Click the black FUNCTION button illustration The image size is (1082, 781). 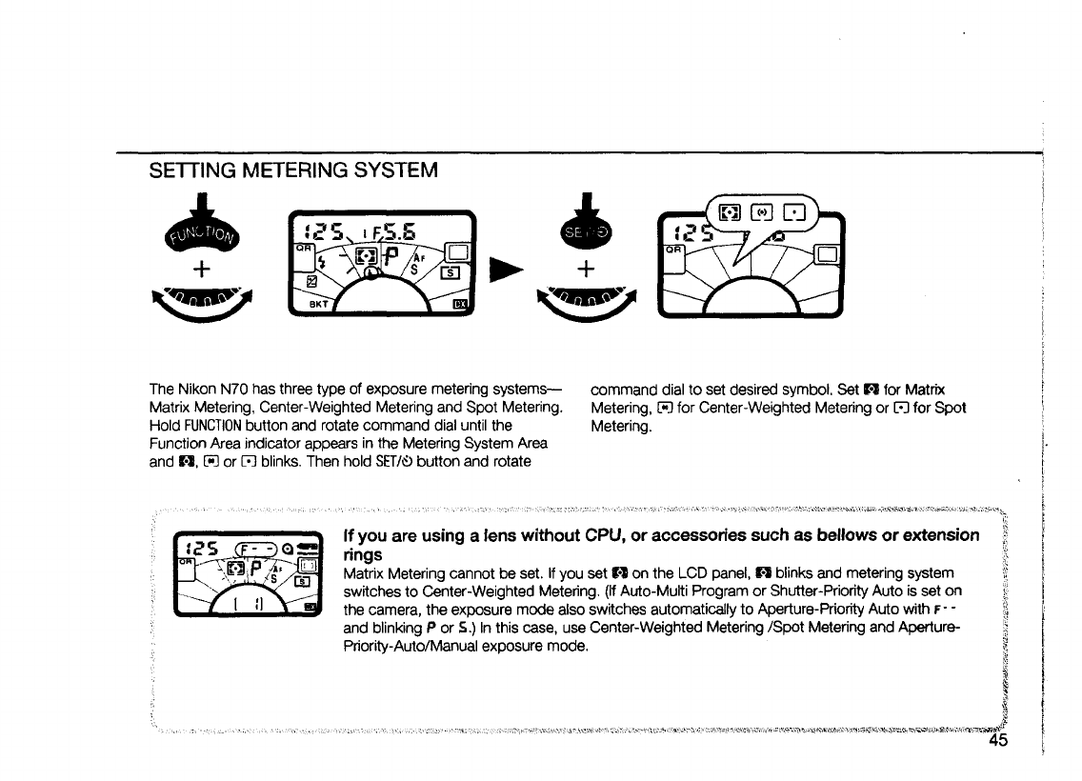[201, 229]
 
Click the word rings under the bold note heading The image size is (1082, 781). [362, 554]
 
